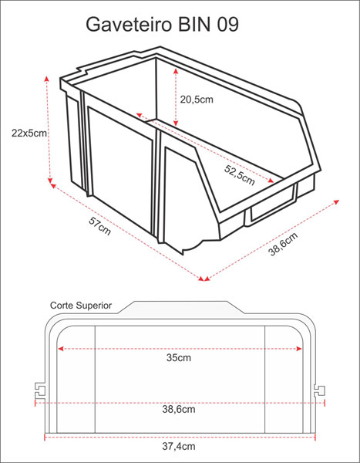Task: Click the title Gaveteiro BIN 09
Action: (162, 25)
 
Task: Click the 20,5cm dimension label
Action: (197, 100)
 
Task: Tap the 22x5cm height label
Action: (29, 133)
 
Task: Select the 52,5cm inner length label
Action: (239, 175)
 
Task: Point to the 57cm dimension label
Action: (99, 226)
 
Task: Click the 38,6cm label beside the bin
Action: (283, 244)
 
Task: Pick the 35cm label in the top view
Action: (179, 357)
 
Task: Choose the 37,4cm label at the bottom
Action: (179, 446)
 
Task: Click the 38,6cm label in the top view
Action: (179, 409)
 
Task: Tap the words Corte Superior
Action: (81, 306)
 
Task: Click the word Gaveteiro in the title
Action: (129, 25)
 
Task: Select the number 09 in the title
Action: (228, 25)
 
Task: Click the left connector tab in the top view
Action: (40, 391)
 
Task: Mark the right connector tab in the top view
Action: (320, 390)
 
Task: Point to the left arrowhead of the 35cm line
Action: (60, 349)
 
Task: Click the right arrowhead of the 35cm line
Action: (298, 349)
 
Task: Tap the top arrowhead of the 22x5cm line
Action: (46, 78)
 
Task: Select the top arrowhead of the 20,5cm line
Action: (176, 71)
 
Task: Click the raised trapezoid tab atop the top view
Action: (181, 307)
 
